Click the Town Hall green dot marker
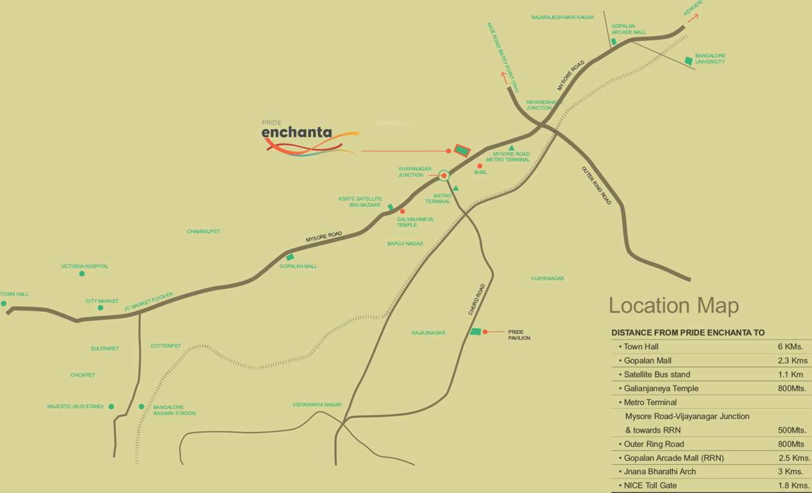click(3, 304)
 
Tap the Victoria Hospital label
click(85, 266)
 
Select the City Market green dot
click(101, 308)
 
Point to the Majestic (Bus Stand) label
click(75, 406)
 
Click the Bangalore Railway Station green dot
click(142, 406)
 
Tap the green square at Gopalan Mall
click(290, 257)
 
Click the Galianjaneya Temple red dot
click(402, 211)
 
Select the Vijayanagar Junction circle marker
click(444, 175)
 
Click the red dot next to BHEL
click(479, 166)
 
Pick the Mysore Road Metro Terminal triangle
click(511, 148)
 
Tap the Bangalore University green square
click(688, 60)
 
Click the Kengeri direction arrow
click(693, 17)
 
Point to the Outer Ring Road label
click(596, 186)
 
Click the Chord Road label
click(477, 298)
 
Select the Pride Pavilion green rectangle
click(475, 331)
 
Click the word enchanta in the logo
click(296, 133)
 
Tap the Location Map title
click(673, 306)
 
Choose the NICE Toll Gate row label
click(650, 485)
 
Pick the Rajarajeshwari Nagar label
click(562, 17)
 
